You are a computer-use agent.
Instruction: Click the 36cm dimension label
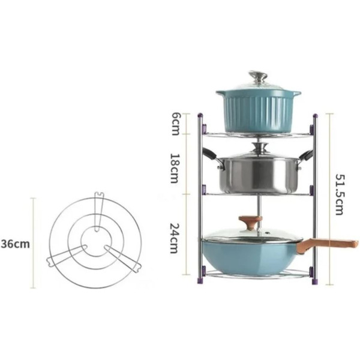pos(15,244)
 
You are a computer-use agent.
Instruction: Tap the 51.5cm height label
pos(340,194)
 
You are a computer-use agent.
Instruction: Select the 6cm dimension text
pos(175,124)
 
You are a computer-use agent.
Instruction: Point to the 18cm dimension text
pos(174,168)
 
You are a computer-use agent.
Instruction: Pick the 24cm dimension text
pos(174,238)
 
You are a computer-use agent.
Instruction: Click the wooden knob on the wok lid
pos(250,223)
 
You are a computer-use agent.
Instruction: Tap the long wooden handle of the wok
pos(327,245)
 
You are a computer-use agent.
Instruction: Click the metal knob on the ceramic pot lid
pos(258,77)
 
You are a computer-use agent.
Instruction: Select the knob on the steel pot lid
pos(260,148)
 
